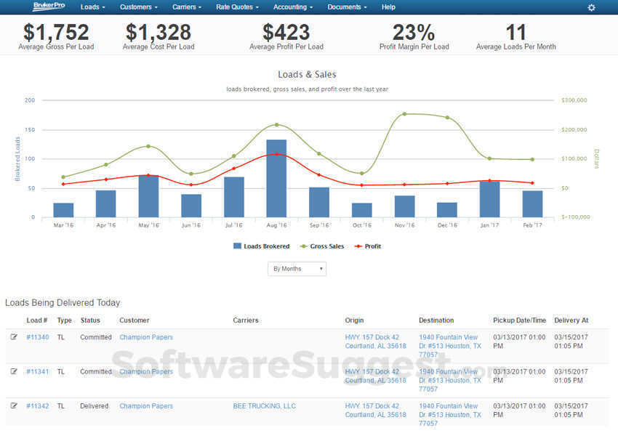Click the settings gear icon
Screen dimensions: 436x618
pos(591,7)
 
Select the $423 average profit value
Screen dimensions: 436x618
pos(286,33)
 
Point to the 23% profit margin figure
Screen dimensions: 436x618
pos(414,33)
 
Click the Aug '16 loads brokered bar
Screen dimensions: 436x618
pos(276,178)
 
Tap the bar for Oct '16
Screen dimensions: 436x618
pos(361,210)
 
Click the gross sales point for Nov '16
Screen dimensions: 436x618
pos(404,114)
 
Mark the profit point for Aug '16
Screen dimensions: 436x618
pos(276,154)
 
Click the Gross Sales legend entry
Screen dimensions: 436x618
pos(321,246)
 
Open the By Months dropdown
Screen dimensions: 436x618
pos(297,269)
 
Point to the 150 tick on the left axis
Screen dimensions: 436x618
pos(30,130)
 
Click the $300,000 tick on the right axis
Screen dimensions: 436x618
pos(575,100)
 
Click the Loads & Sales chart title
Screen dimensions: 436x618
pos(307,74)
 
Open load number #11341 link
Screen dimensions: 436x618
pos(37,371)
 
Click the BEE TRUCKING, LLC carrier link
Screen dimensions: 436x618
pos(264,406)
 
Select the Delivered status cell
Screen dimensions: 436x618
pos(94,406)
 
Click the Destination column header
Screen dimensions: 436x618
pos(436,320)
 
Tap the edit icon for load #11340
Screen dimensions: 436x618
pos(14,337)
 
